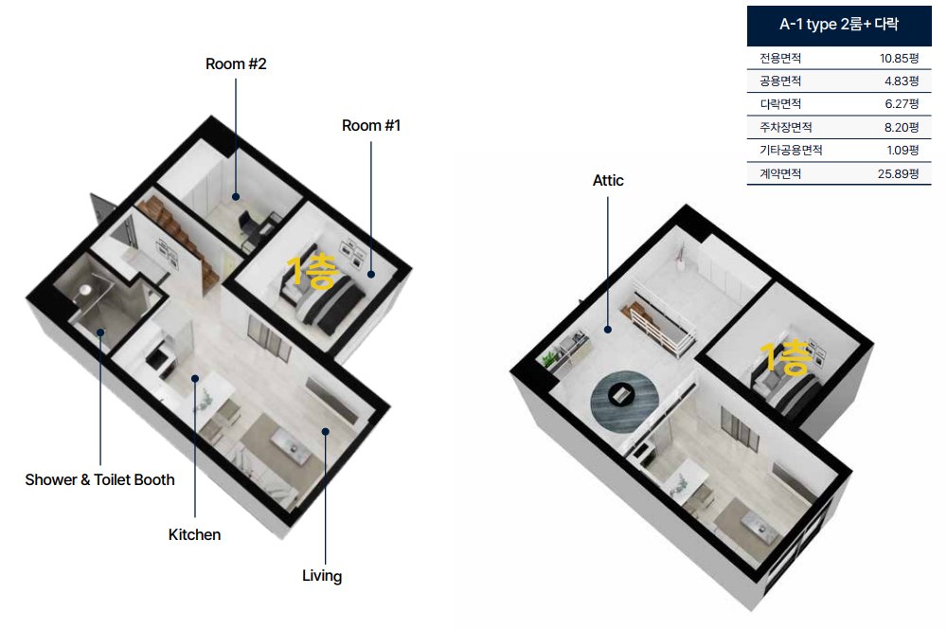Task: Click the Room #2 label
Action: (236, 64)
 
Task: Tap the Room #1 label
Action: (371, 126)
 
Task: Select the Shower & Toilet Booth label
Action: (99, 479)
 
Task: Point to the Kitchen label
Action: (194, 534)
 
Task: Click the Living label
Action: (322, 576)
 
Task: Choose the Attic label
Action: (608, 181)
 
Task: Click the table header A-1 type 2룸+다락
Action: (839, 25)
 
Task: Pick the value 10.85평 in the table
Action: (899, 59)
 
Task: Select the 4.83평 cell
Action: (902, 81)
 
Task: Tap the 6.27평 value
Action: (902, 104)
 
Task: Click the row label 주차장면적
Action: (786, 128)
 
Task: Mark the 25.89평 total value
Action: (898, 174)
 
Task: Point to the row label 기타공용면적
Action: (791, 150)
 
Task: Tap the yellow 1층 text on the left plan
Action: (311, 271)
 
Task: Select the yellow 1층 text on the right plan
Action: (785, 357)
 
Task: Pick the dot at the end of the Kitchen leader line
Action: (195, 379)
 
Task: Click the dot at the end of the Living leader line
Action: (325, 431)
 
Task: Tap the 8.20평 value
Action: (902, 128)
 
